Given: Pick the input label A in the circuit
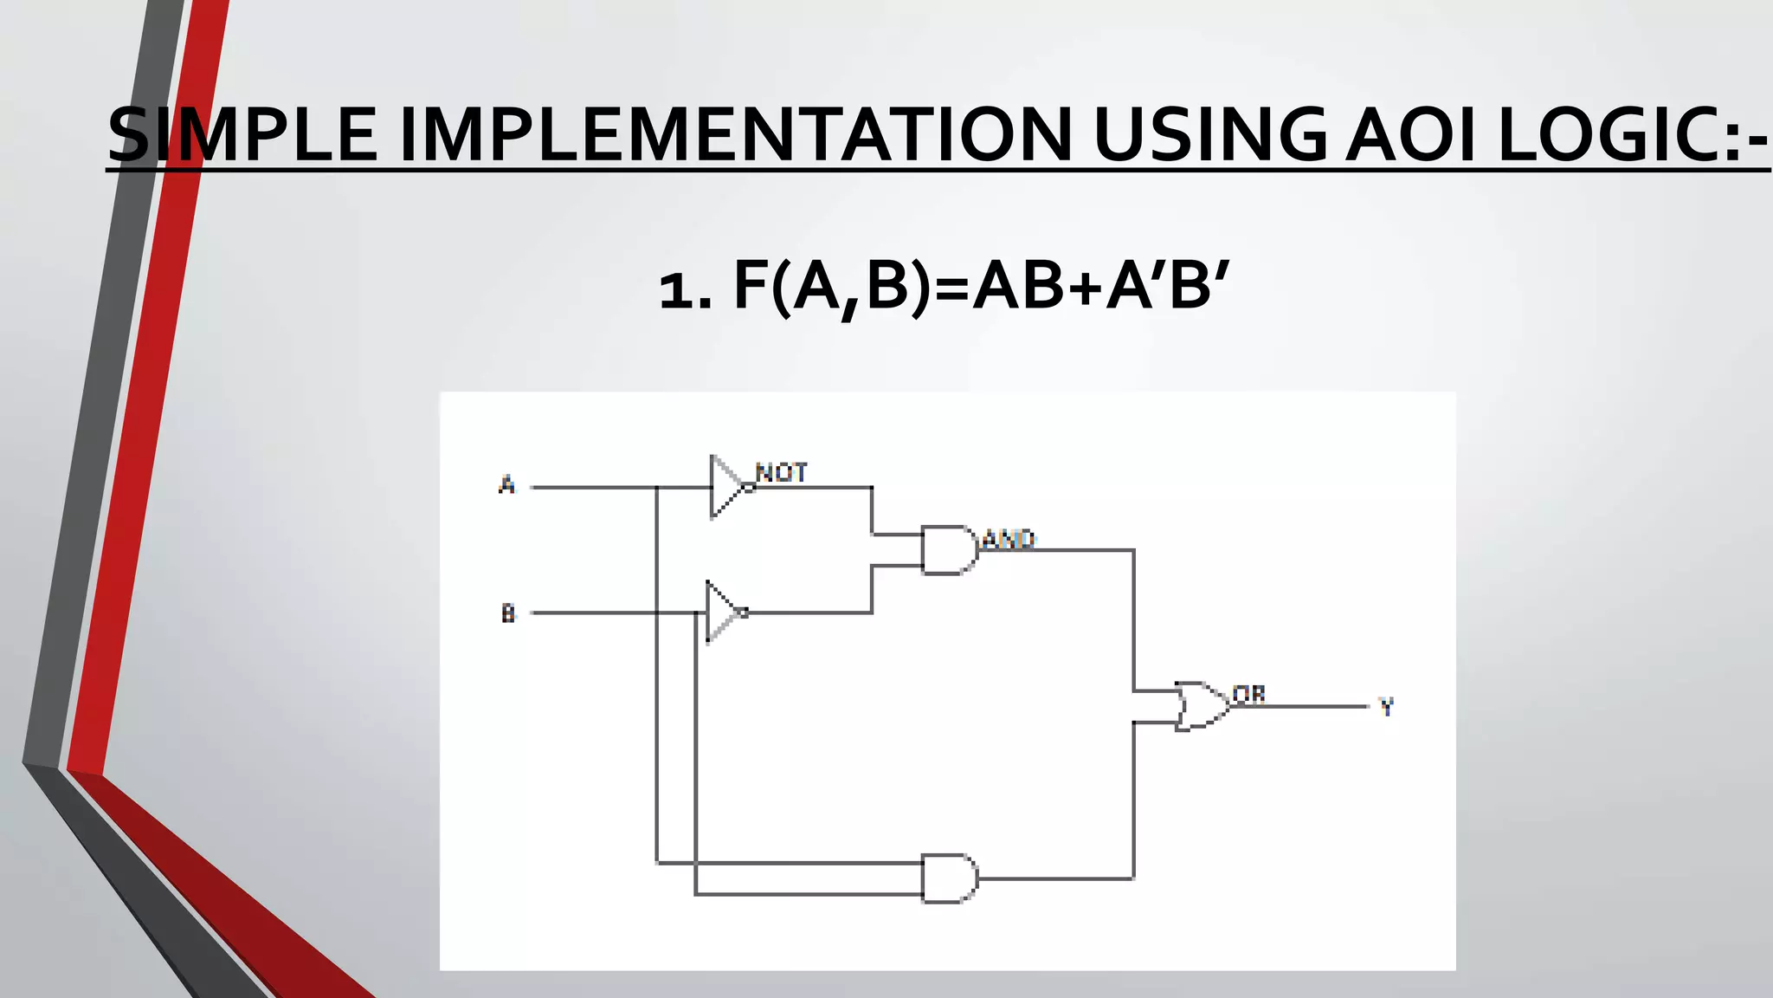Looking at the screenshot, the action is click(x=507, y=484).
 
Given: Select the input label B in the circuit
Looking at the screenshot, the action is click(x=508, y=613).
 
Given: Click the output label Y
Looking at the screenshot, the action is click(x=1386, y=707).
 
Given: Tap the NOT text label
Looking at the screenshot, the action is click(x=782, y=473).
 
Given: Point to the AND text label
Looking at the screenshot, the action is click(x=1009, y=541).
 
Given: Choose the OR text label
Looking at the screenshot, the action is click(x=1249, y=695).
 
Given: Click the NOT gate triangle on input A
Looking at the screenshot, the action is click(x=725, y=487).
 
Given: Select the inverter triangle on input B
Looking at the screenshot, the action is click(x=722, y=612).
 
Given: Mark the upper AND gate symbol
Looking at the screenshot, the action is click(x=949, y=550).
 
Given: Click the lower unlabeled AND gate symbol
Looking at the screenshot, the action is click(x=949, y=878).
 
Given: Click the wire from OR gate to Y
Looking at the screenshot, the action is click(x=1307, y=707).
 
